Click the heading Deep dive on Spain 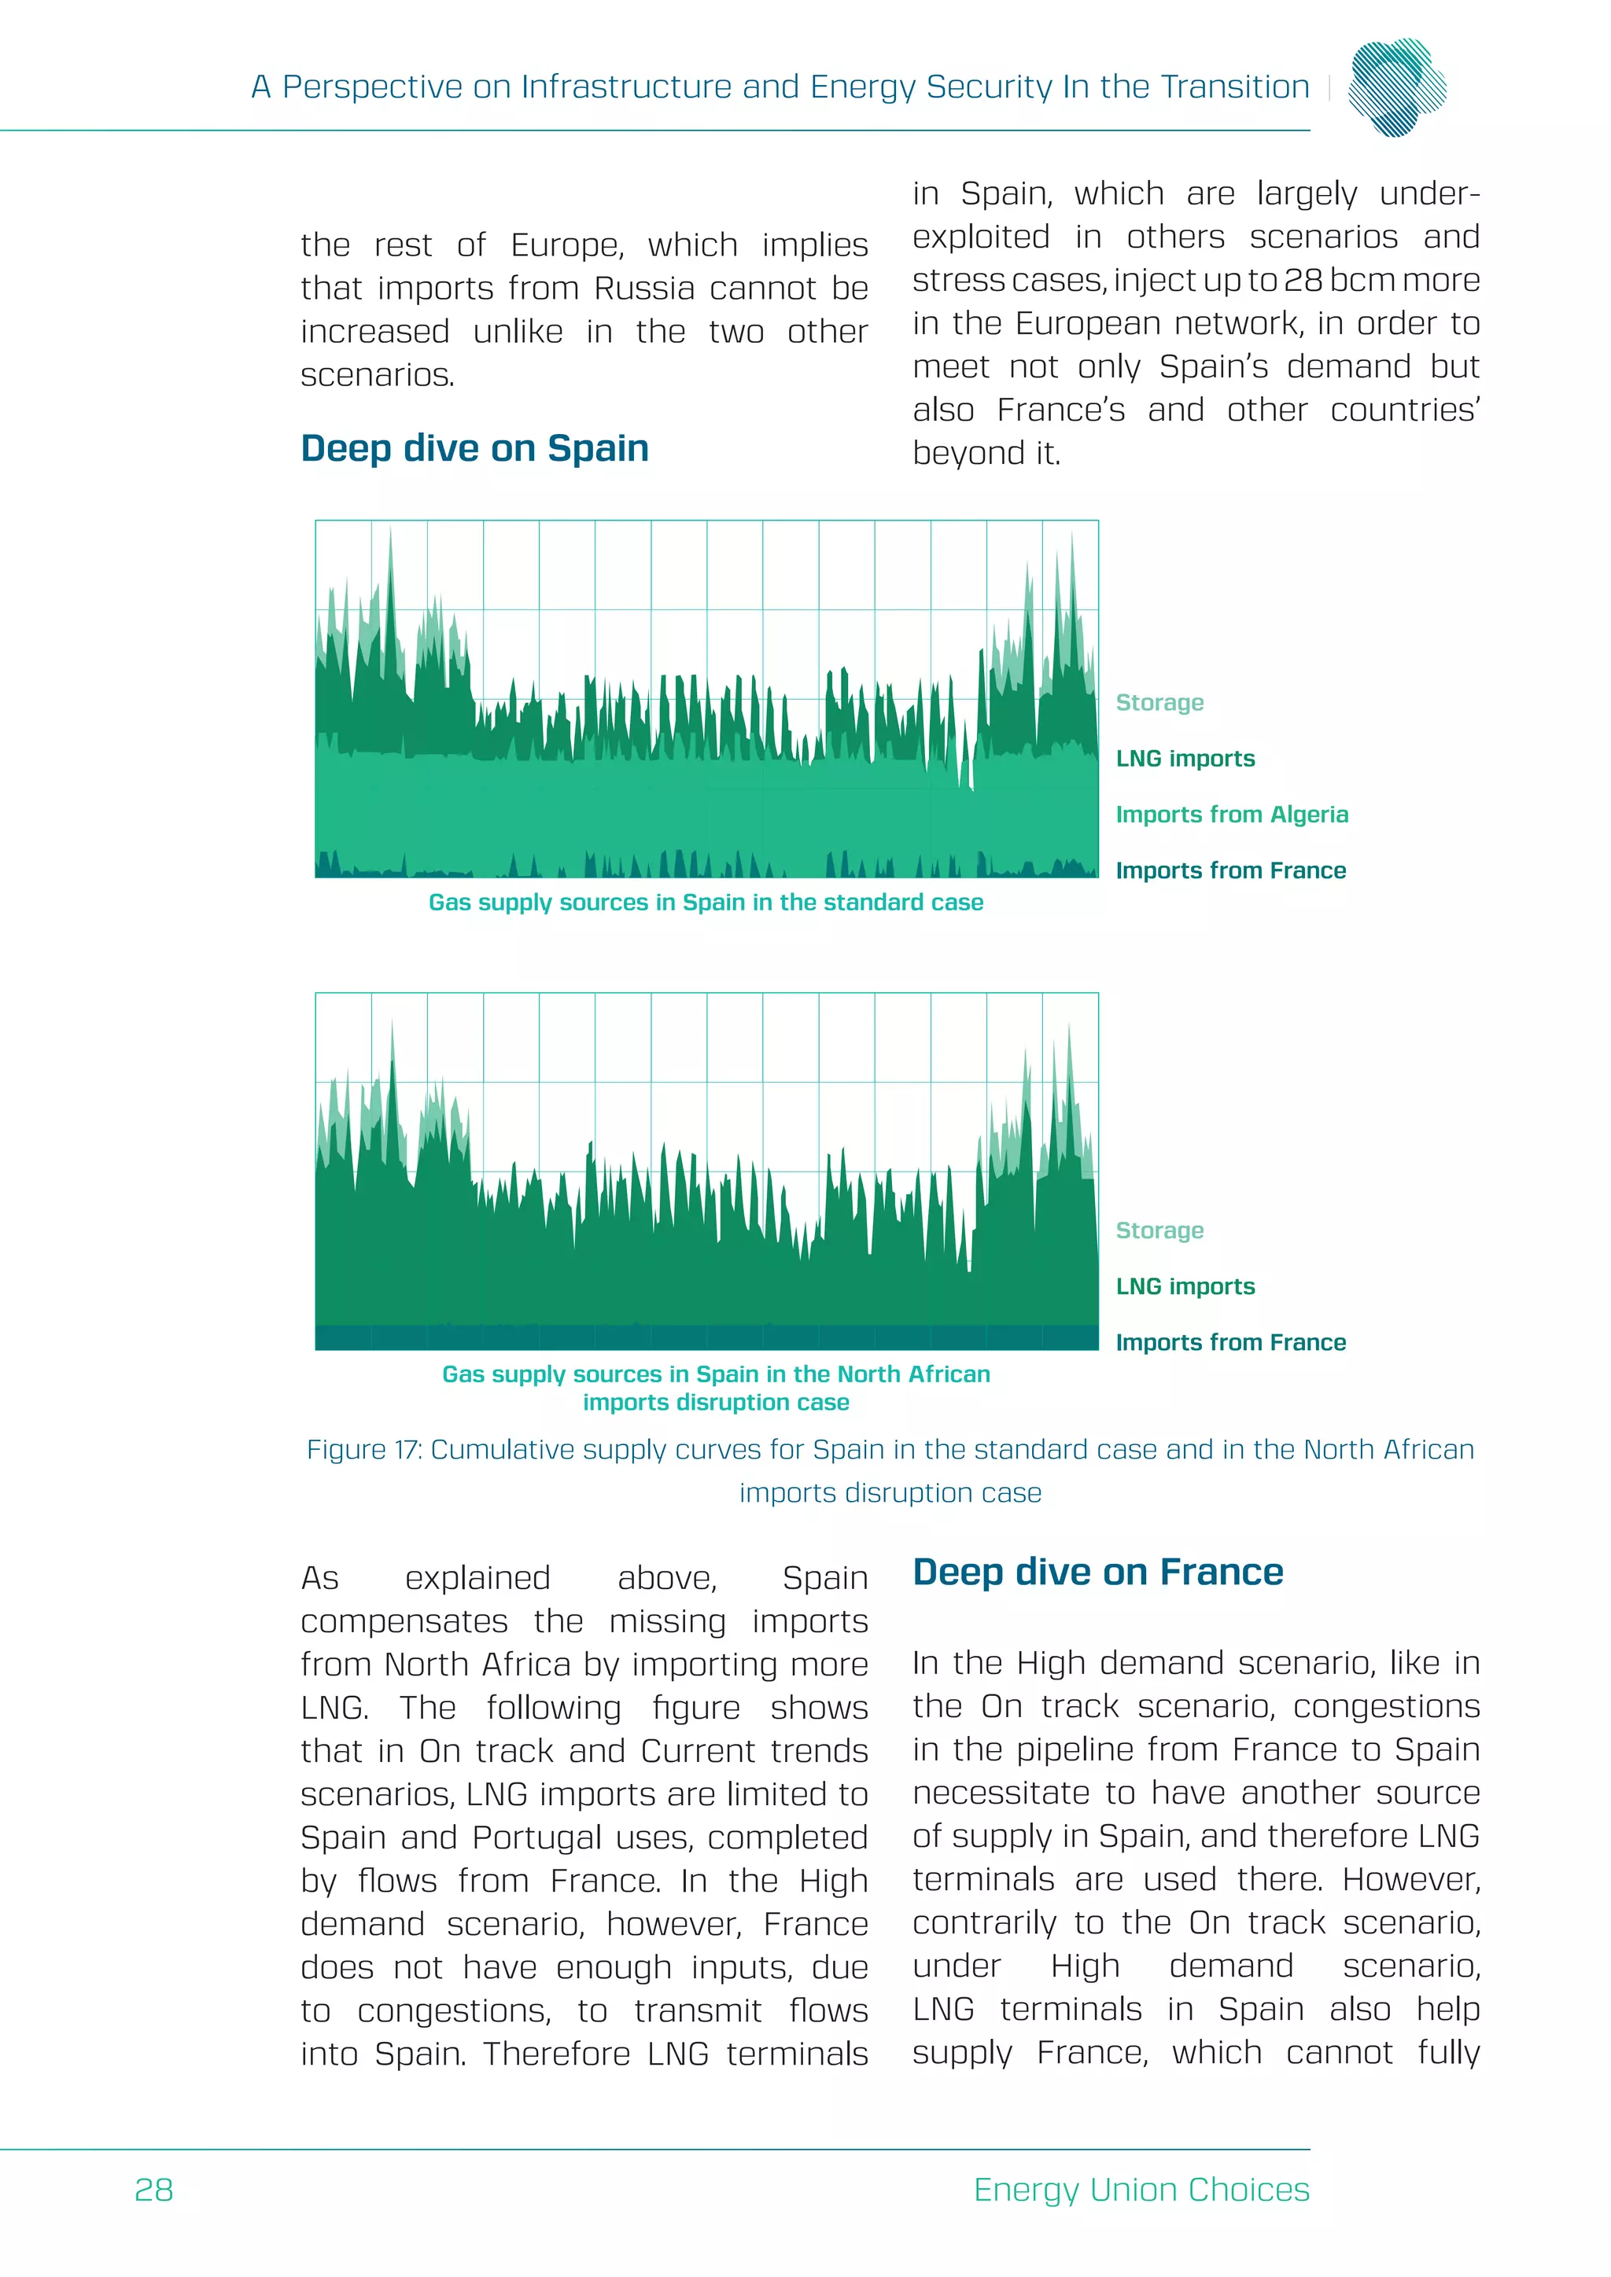pos(474,449)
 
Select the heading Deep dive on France pos(1097,1573)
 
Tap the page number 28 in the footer pos(153,2190)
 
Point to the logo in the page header pos(1398,87)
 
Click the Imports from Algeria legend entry pos(1231,815)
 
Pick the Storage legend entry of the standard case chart pos(1159,703)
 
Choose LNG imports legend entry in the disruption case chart pos(1185,1287)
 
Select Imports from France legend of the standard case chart pos(1230,870)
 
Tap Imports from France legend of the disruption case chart pos(1230,1343)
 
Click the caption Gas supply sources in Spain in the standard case pos(706,903)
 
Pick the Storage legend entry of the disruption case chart pos(1159,1230)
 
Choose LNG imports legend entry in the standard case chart pos(1185,760)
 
